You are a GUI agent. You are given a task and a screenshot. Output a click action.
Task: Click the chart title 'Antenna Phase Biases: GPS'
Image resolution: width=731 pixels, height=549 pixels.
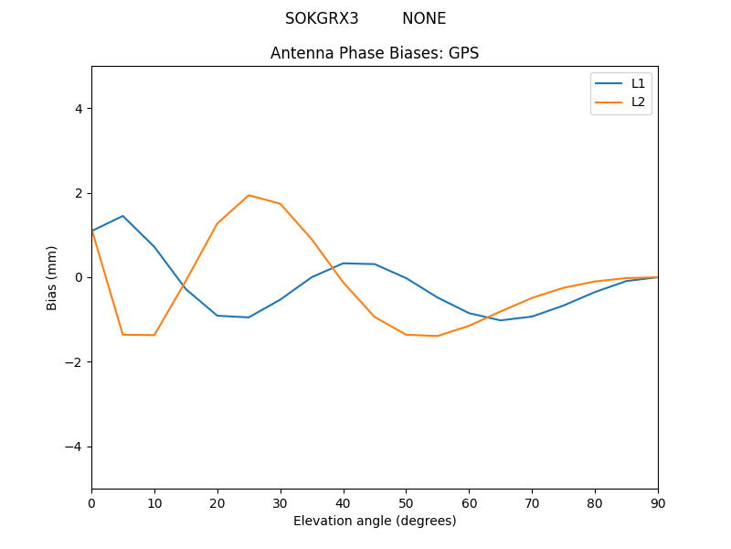coord(375,53)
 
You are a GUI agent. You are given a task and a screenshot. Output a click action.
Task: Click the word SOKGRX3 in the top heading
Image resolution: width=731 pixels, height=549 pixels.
coord(322,18)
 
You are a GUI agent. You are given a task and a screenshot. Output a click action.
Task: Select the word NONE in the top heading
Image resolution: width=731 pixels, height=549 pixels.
coord(424,18)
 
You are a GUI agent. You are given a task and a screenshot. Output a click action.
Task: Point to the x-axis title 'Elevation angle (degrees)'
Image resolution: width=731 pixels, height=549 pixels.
coord(375,521)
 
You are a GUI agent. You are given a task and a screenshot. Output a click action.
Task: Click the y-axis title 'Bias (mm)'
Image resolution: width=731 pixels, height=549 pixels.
coord(53,277)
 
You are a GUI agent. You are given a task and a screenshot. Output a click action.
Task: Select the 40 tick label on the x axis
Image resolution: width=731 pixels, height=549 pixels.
coord(344,501)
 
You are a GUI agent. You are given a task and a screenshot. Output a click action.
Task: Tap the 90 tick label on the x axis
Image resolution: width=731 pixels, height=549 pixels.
coord(658,501)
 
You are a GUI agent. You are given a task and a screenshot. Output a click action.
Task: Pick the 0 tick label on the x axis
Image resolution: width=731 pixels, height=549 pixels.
coord(91,501)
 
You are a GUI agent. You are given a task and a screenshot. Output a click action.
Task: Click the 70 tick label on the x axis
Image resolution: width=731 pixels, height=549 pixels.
coord(532,501)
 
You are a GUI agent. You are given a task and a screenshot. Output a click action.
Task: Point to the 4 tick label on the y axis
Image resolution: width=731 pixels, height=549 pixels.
coord(79,109)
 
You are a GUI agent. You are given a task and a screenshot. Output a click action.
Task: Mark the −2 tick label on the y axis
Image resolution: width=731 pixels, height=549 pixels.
coord(75,362)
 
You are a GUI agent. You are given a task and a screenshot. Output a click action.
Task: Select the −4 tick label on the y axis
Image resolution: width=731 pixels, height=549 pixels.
coord(75,447)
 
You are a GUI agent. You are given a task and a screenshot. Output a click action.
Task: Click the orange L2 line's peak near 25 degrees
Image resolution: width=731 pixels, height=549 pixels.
coord(249,195)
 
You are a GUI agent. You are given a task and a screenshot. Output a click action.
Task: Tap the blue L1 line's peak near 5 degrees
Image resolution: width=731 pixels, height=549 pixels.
coord(122,216)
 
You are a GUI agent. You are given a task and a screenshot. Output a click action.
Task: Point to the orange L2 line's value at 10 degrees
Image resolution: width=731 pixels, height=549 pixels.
coord(154,335)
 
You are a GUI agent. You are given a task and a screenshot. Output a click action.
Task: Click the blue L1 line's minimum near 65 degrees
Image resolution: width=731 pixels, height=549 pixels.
coord(501,320)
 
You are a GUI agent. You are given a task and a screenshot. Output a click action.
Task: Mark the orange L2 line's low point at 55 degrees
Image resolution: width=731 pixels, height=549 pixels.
coord(438,336)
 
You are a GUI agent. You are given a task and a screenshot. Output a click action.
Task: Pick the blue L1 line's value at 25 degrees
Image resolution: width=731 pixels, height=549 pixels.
coord(249,318)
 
